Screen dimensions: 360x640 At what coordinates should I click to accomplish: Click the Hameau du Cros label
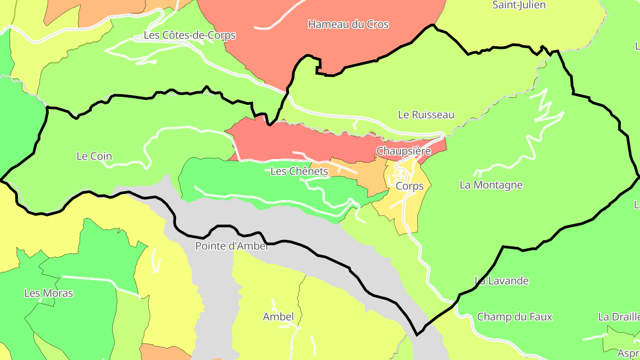348,24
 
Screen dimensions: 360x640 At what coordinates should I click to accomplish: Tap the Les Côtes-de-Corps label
189,35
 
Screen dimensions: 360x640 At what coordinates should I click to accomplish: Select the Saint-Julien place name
519,5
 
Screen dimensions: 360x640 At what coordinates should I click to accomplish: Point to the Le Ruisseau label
426,115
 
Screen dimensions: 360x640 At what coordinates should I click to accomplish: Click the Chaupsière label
404,151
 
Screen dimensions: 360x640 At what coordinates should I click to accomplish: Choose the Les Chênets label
299,171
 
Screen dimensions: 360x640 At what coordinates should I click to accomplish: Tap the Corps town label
409,186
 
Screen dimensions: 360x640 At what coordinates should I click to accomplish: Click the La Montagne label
491,185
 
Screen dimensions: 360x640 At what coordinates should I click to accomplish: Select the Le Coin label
94,156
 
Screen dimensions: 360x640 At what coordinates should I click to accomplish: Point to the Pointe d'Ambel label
232,246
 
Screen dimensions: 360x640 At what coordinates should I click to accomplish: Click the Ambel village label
278,317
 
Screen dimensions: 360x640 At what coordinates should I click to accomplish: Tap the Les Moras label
48,293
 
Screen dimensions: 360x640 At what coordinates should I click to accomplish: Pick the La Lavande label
501,281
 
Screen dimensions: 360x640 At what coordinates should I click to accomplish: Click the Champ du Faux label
514,317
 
